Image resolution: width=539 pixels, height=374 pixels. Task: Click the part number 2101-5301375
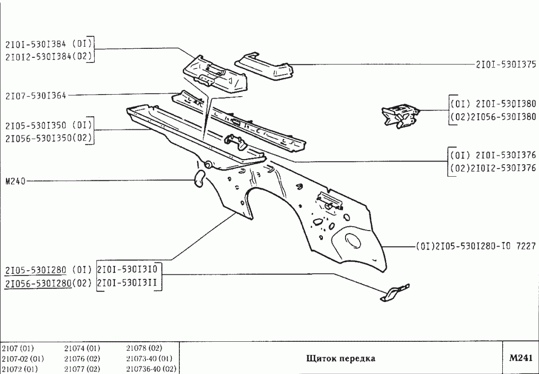coord(505,64)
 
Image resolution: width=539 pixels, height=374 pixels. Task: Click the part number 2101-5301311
coord(128,283)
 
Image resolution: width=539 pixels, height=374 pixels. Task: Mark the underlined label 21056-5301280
coord(37,283)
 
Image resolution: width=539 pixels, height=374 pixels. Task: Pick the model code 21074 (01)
coord(82,348)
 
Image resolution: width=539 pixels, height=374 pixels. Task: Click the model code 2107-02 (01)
coord(23,359)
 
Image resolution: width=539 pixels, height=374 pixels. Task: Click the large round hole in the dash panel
coord(353,241)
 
